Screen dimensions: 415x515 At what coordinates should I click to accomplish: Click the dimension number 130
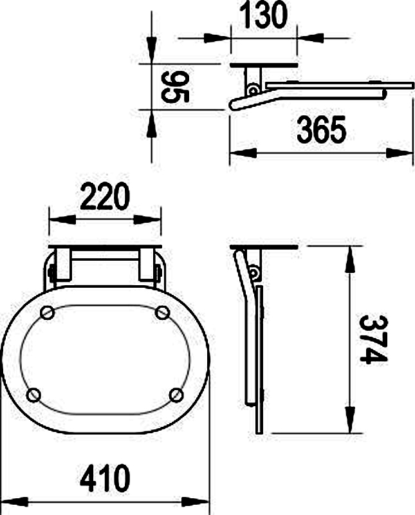click(264, 15)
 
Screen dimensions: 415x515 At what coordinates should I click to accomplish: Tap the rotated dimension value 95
click(175, 87)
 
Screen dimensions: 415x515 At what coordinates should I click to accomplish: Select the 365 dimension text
click(322, 130)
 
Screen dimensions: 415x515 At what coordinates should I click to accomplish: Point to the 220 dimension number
click(105, 196)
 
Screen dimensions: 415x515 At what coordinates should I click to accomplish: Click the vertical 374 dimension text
click(373, 340)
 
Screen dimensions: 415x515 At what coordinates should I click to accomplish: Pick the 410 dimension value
click(105, 478)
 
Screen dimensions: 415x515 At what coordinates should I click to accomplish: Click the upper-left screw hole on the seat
click(47, 312)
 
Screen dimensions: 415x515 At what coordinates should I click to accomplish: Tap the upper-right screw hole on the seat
click(162, 312)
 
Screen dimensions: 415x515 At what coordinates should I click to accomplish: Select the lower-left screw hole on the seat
click(33, 395)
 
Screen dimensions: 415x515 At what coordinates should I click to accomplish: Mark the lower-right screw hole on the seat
click(176, 395)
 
